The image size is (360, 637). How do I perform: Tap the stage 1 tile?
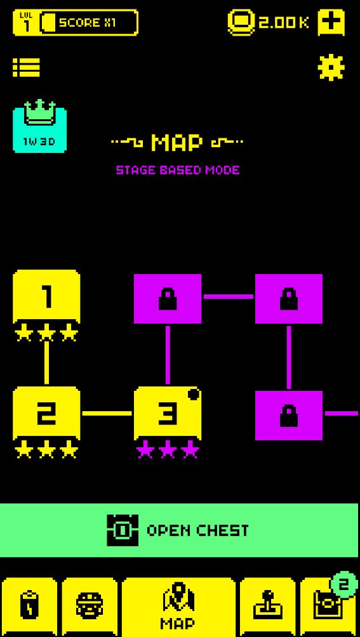point(46,296)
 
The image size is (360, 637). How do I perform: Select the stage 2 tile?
point(46,413)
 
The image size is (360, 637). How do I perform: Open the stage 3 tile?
point(168,413)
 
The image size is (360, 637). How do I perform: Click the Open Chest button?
point(179,530)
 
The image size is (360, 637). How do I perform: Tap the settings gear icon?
point(331,67)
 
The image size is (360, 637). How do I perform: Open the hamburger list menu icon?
point(27,67)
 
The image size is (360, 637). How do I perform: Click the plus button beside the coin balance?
point(331,22)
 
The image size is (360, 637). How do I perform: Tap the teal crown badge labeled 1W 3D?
point(40,126)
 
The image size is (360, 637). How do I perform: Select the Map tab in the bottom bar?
point(178,607)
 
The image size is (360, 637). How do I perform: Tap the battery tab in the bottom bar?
point(29,607)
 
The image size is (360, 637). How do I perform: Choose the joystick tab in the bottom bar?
point(268,607)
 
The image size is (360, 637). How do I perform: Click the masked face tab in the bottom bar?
point(90,607)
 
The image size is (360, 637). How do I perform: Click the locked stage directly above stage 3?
point(168,299)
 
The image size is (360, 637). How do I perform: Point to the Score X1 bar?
point(89,22)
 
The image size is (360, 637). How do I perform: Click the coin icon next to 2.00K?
point(241,22)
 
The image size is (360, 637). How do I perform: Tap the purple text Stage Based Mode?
point(178,170)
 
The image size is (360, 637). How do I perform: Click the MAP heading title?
point(177,142)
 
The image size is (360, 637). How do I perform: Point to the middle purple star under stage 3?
point(168,450)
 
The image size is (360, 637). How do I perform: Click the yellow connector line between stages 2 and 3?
point(107,414)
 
